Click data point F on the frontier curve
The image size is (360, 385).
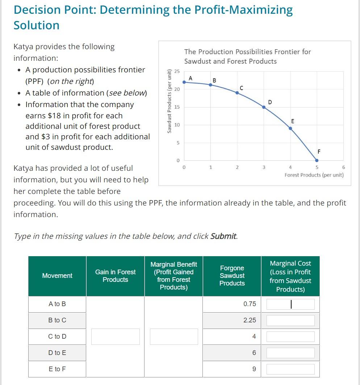tap(317, 160)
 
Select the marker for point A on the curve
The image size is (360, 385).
tap(184, 82)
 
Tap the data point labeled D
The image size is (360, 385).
tap(264, 107)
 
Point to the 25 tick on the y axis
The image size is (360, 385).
tap(177, 72)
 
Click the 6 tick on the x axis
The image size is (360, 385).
tap(343, 167)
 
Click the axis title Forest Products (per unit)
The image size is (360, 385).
tap(314, 175)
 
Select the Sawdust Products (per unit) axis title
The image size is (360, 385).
tap(169, 101)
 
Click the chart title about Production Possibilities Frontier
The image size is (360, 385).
tap(247, 56)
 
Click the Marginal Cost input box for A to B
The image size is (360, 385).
tap(290, 304)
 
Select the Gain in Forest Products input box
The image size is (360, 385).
tap(115, 337)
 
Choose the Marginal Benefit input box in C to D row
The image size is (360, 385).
tap(174, 337)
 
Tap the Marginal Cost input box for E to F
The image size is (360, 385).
tap(290, 369)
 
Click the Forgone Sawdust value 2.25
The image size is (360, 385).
tap(250, 320)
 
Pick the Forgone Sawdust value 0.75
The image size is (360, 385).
tap(250, 304)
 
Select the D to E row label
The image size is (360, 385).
tap(57, 353)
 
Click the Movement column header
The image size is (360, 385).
tap(57, 276)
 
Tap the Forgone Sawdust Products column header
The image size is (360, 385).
tap(232, 276)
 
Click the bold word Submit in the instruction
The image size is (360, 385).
tap(223, 236)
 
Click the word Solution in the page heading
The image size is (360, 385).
tap(36, 25)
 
